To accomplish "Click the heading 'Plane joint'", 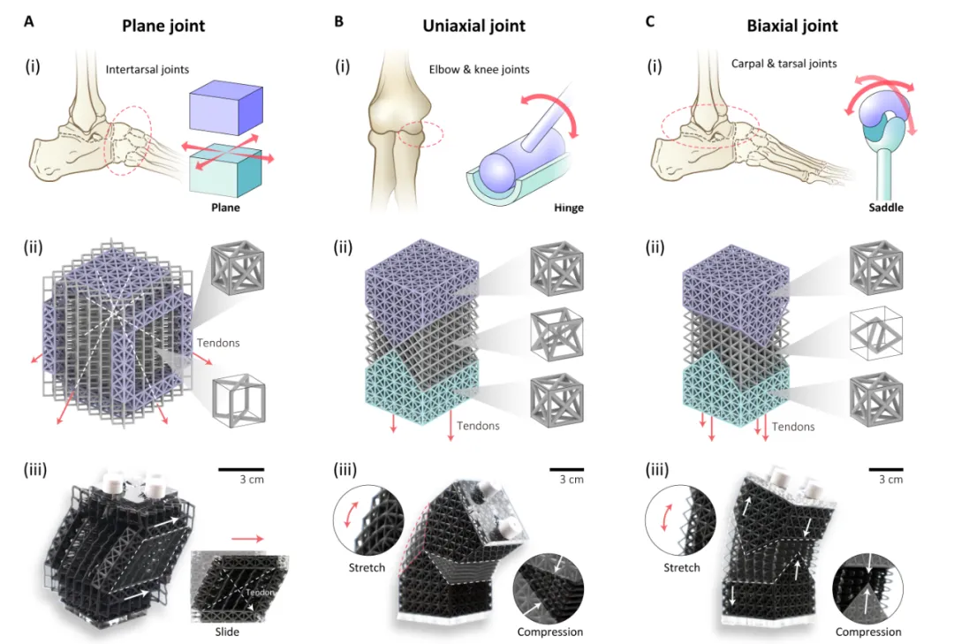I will pyautogui.click(x=162, y=26).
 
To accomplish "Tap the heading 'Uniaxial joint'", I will pyautogui.click(x=473, y=26).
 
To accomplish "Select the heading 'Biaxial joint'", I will pyautogui.click(x=791, y=26).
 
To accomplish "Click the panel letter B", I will pyautogui.click(x=338, y=21).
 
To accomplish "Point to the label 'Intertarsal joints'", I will pyautogui.click(x=146, y=69).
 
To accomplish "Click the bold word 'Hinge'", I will pyautogui.click(x=565, y=208).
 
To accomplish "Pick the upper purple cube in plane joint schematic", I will pyautogui.click(x=226, y=107).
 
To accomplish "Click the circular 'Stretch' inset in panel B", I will pyautogui.click(x=368, y=519).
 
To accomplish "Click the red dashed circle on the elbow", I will pyautogui.click(x=421, y=135).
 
